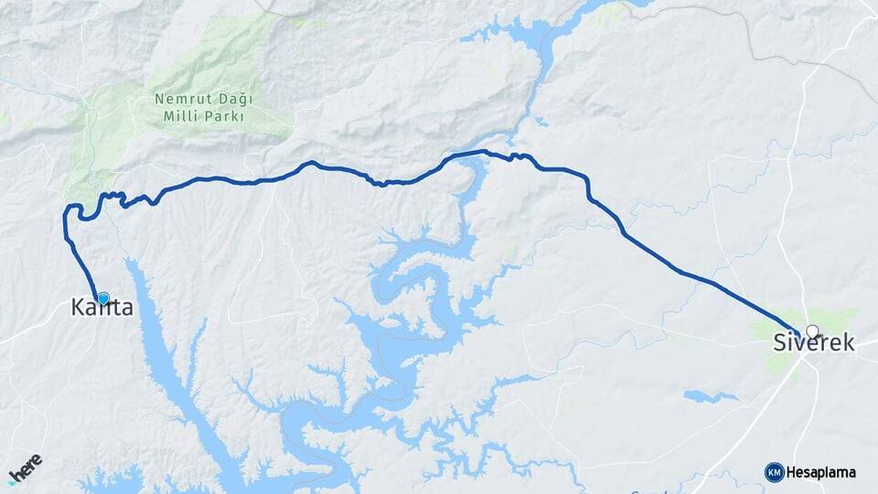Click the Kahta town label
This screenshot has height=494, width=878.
[x=102, y=308]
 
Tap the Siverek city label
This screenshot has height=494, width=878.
[x=813, y=344]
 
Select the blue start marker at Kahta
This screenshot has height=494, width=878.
[x=103, y=298]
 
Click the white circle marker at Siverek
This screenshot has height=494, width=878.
[x=811, y=331]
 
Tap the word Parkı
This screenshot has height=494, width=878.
[x=224, y=116]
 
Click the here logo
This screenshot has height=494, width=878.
[x=25, y=469]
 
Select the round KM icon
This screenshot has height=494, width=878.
[x=774, y=472]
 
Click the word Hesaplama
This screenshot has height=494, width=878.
[x=820, y=472]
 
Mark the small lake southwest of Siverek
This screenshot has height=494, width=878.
[x=711, y=396]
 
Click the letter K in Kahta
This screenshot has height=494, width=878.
[x=78, y=308]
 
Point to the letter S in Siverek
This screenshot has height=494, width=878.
[x=779, y=344]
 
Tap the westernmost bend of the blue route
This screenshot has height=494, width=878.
[x=65, y=216]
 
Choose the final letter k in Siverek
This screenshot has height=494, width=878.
[x=849, y=344]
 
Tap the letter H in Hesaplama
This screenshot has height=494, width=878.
[x=790, y=472]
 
